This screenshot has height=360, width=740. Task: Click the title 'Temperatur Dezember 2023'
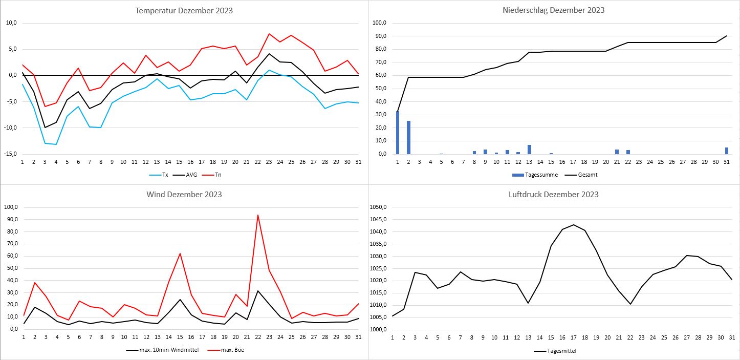pyautogui.click(x=184, y=10)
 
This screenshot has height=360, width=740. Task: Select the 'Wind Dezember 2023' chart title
pyautogui.click(x=184, y=194)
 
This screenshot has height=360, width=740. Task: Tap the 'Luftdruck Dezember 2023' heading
pyautogui.click(x=554, y=194)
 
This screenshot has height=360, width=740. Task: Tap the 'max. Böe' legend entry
pyautogui.click(x=229, y=350)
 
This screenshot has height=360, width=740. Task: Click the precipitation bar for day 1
pyautogui.click(x=398, y=133)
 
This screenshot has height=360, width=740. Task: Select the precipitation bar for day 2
pyautogui.click(x=408, y=137)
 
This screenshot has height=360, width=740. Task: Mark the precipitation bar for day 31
pyautogui.click(x=726, y=151)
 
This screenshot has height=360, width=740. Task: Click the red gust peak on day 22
pyautogui.click(x=258, y=215)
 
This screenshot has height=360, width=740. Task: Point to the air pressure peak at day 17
pyautogui.click(x=574, y=225)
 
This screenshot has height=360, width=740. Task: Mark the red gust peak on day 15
pyautogui.click(x=180, y=253)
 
